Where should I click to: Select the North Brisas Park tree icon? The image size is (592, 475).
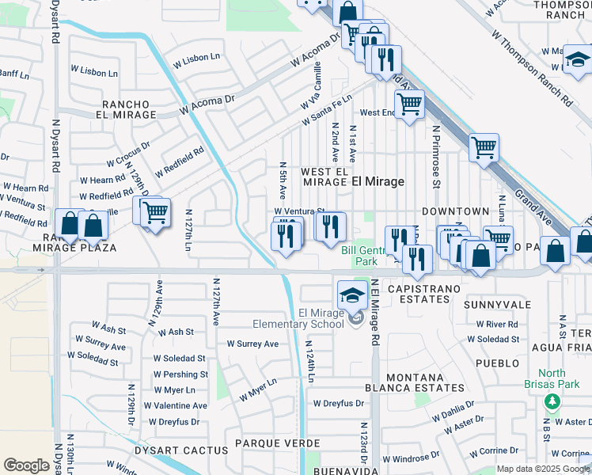click(552, 401)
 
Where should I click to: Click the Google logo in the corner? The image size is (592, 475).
click(26, 465)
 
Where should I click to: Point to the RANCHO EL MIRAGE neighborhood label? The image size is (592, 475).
click(130, 109)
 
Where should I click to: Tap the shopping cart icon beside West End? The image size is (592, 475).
click(409, 103)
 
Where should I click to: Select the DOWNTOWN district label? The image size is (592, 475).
click(455, 211)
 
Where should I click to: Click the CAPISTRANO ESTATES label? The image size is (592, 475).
click(423, 290)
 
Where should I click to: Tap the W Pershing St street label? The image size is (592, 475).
click(180, 374)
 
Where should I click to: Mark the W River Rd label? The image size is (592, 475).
click(496, 324)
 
